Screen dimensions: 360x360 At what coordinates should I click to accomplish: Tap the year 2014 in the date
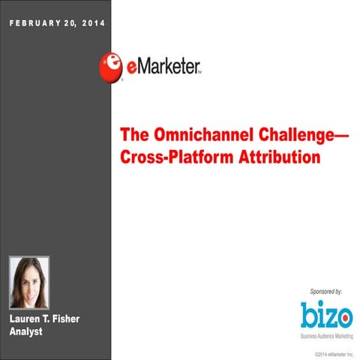[92, 23]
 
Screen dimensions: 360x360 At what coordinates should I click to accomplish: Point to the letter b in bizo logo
[307, 313]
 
